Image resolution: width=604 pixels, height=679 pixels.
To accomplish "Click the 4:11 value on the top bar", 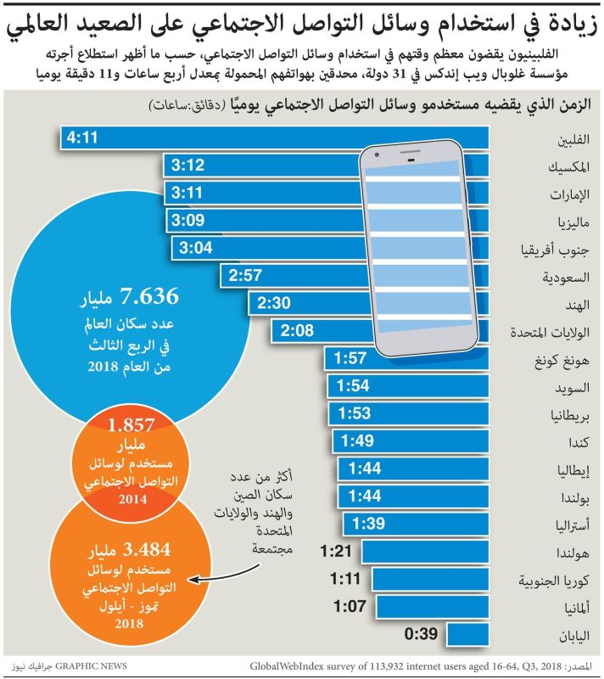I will point(84,137).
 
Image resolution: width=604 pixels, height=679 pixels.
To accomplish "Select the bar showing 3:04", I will point(331,248).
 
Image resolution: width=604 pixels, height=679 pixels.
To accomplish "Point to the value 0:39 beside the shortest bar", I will point(422,633).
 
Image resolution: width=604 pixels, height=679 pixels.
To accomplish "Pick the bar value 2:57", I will point(248,275).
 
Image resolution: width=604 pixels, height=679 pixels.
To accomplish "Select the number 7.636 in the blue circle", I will point(150,296).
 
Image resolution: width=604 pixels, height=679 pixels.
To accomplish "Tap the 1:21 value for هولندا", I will point(338,552).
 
